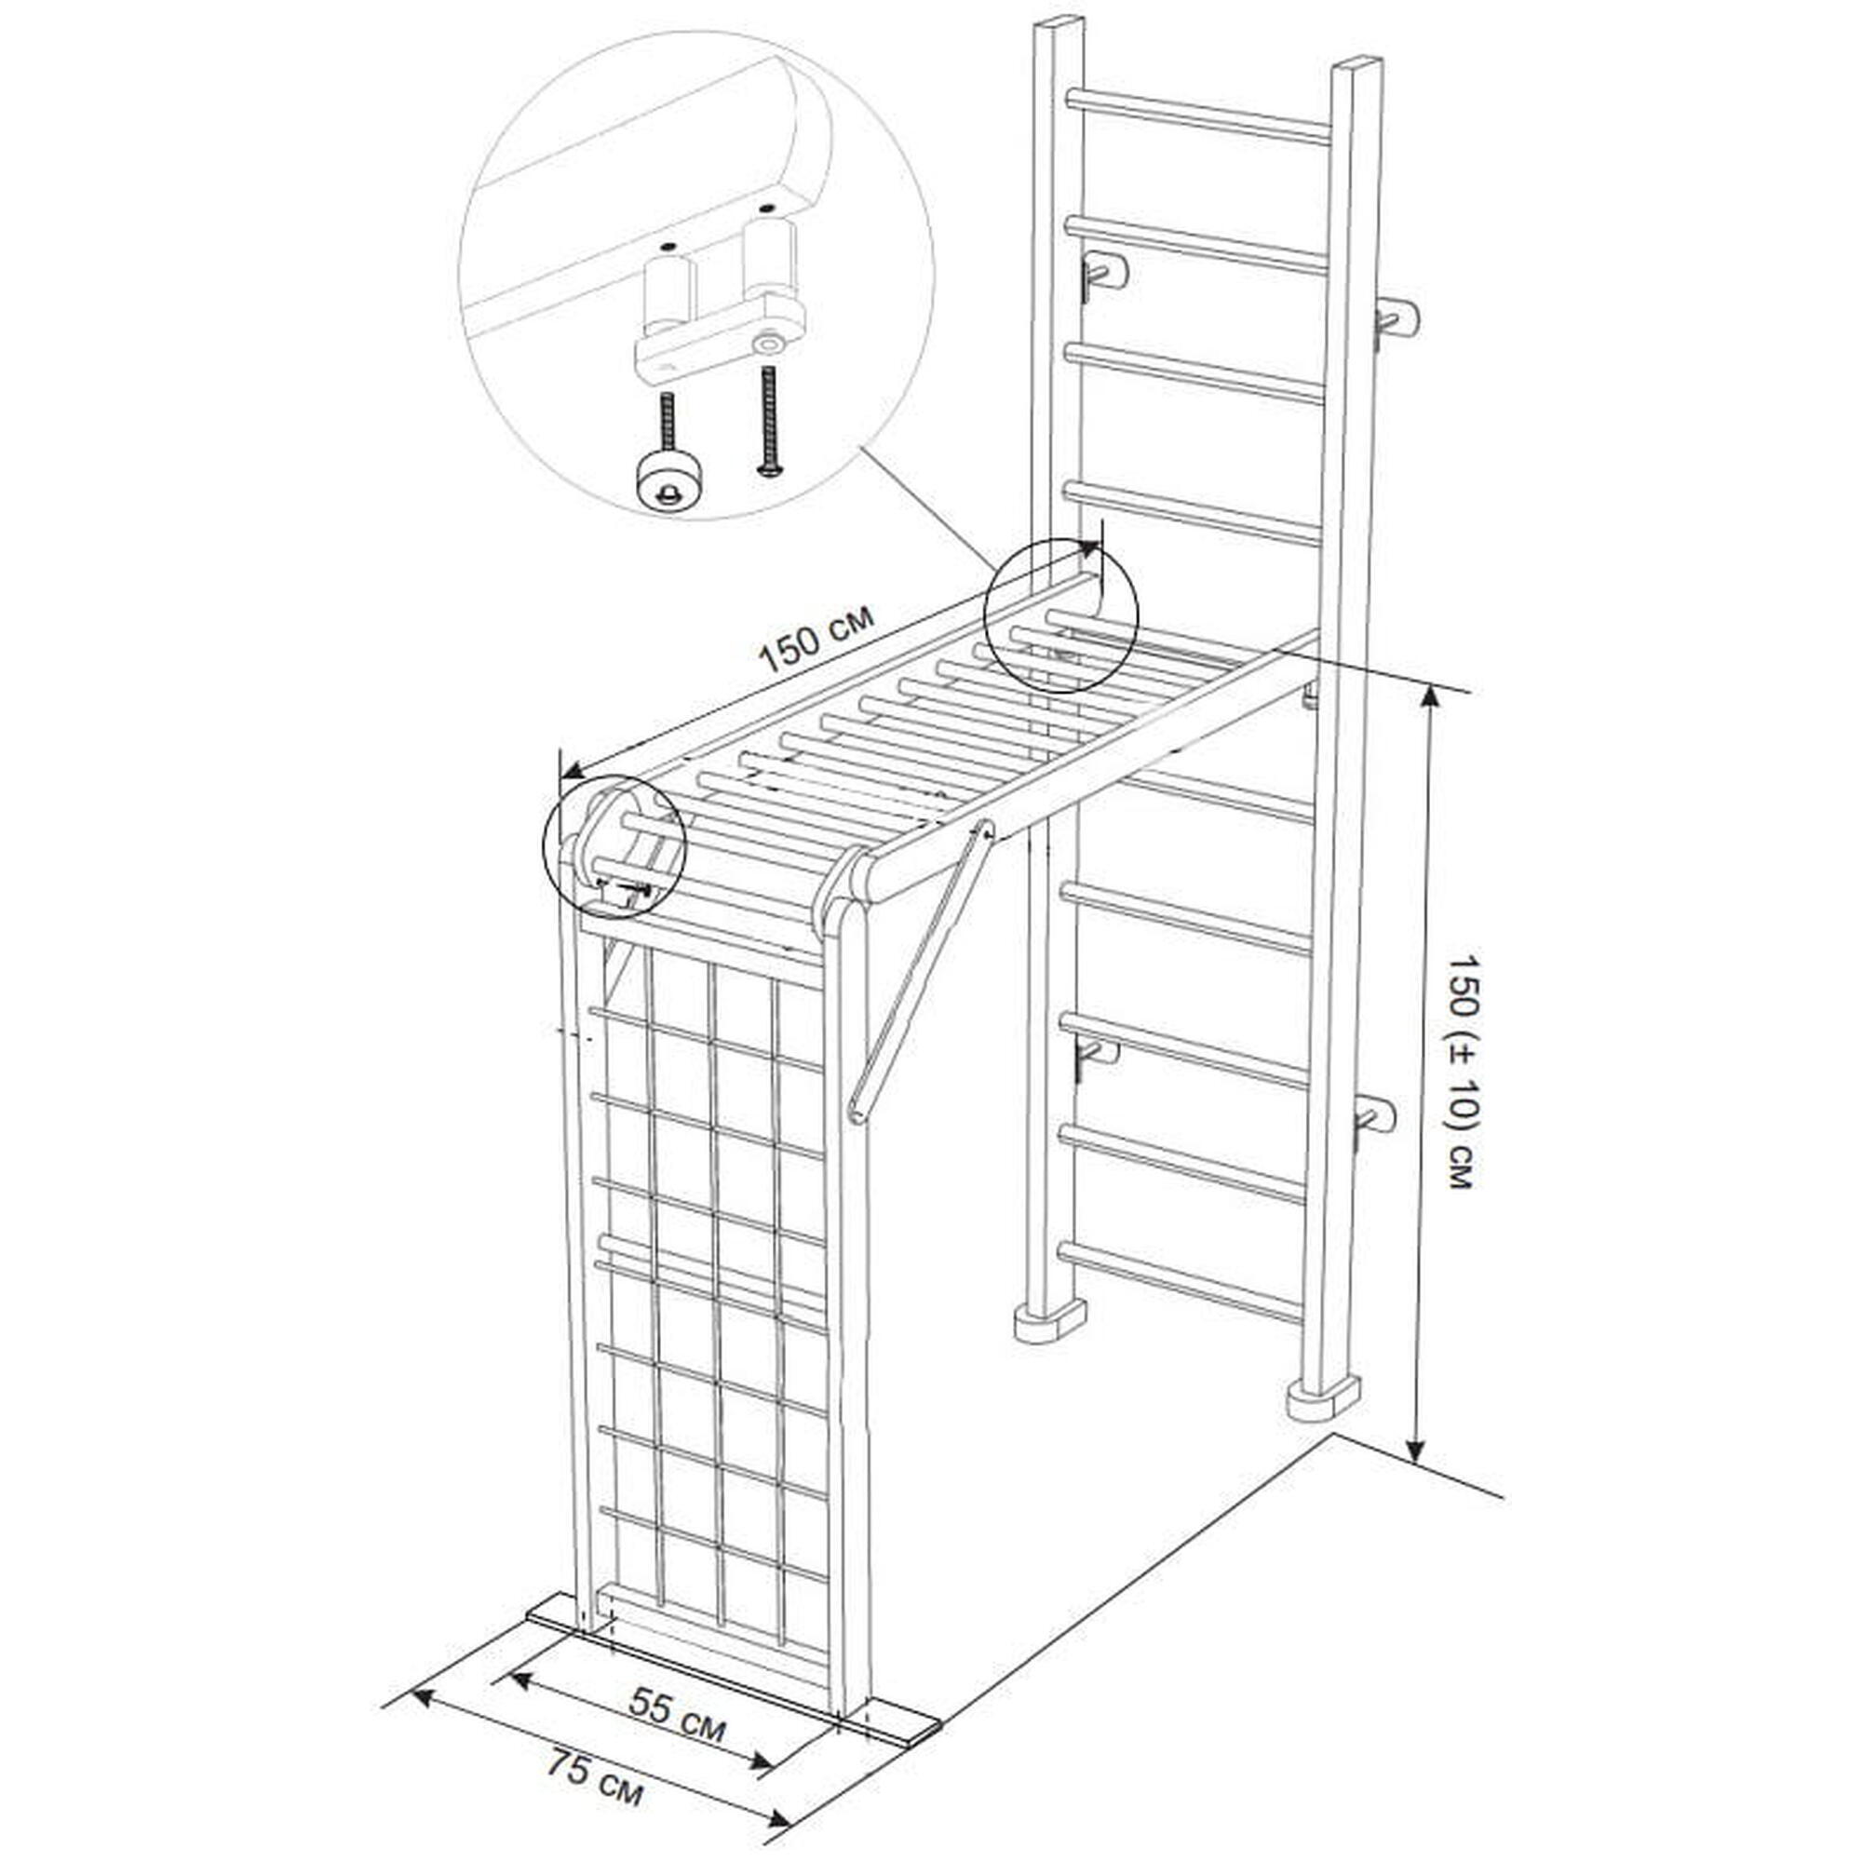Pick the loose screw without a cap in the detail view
[768, 421]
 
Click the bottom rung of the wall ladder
[1181, 1281]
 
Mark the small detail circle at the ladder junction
[1060, 614]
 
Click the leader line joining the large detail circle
[929, 507]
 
